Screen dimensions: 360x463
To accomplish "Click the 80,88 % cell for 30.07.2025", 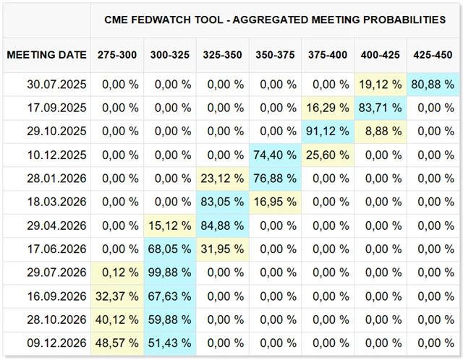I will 433,84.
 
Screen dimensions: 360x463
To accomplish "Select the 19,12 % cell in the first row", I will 381,84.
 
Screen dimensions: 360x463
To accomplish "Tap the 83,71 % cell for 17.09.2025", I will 381,108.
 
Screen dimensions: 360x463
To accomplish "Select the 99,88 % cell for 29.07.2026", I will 171,273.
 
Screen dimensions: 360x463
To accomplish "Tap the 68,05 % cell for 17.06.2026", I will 171,249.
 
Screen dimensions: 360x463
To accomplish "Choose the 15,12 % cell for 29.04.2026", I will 171,226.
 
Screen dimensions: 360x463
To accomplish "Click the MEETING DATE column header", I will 46,55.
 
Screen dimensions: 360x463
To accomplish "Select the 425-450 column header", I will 433,55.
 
